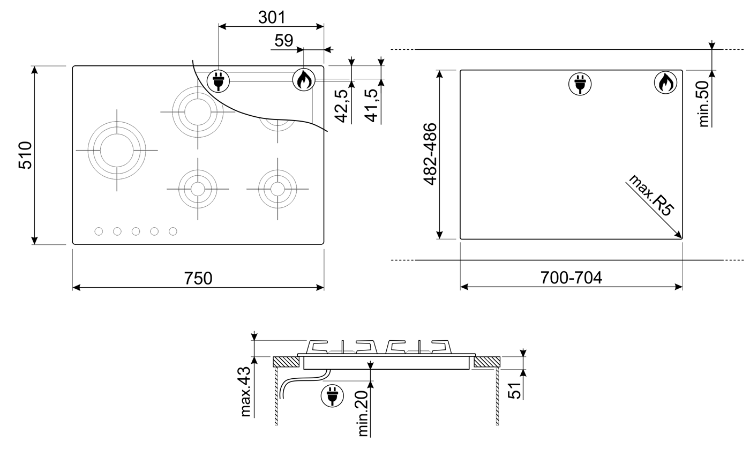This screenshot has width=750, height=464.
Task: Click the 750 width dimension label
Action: (x=198, y=278)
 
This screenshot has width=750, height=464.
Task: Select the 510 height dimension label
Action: (x=25, y=155)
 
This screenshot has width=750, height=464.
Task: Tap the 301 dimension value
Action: (x=272, y=17)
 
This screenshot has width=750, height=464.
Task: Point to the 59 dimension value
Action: (x=283, y=41)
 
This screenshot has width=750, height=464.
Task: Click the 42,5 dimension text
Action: (x=342, y=106)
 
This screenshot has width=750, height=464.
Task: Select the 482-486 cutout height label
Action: (x=430, y=154)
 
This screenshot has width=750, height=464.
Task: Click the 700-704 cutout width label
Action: (x=571, y=278)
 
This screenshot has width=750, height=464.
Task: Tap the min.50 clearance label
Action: (x=704, y=104)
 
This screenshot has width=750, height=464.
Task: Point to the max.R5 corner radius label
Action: (x=651, y=196)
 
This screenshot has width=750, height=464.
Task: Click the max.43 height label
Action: (x=246, y=392)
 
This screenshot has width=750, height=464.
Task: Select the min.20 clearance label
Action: (x=363, y=414)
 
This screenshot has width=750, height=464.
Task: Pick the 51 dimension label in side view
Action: (x=515, y=391)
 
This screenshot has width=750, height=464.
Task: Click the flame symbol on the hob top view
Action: (x=304, y=80)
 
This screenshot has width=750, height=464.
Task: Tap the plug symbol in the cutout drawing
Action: (x=580, y=84)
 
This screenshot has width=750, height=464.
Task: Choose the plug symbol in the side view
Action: (x=332, y=396)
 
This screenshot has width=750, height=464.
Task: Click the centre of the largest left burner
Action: (x=117, y=151)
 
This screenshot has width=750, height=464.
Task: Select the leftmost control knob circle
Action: (x=99, y=231)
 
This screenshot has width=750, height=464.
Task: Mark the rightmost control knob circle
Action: (x=172, y=231)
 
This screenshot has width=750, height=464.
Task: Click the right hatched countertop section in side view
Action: (x=487, y=362)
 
